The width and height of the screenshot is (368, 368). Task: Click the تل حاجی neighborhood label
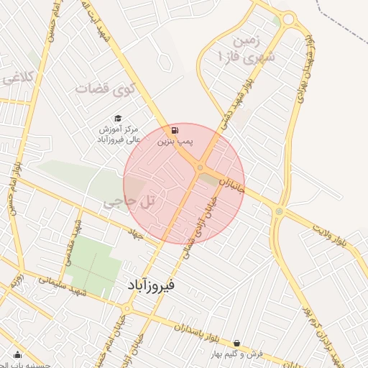coord(130,203)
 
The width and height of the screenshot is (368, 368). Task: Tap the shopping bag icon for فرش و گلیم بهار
coord(236,344)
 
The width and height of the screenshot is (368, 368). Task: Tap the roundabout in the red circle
coord(200,168)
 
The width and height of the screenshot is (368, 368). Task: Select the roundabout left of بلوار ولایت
coord(279,211)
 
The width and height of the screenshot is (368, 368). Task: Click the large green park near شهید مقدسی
coord(92,262)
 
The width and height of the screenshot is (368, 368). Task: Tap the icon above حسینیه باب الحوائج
coord(18,355)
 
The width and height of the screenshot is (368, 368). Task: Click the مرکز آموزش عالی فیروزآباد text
coord(119,134)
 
